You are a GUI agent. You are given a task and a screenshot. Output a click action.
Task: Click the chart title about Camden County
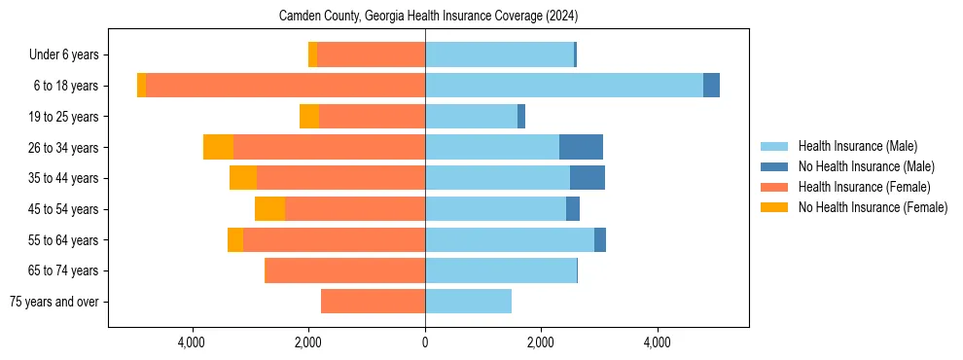(x=428, y=17)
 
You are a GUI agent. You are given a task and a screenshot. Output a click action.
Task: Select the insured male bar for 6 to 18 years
(x=564, y=86)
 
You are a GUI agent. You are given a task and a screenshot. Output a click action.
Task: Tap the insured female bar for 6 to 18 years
(x=285, y=86)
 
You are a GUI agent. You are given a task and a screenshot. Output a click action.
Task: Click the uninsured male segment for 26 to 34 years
(x=581, y=147)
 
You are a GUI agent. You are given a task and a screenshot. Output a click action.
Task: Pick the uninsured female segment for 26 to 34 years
(x=218, y=147)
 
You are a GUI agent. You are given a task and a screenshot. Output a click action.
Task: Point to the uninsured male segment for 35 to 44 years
(x=588, y=178)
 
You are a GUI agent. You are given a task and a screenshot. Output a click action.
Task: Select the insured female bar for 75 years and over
(x=373, y=302)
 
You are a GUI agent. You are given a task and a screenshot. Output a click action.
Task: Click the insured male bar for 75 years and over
(x=468, y=302)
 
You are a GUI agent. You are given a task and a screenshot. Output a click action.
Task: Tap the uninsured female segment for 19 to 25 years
(x=309, y=117)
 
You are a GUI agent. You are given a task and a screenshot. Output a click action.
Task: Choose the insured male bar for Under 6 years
(x=499, y=54)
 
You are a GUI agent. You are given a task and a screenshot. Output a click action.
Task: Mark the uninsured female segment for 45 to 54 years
(x=269, y=209)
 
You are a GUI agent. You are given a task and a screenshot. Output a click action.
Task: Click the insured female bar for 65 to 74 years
(x=345, y=270)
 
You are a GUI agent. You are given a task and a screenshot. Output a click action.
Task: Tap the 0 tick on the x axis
(x=425, y=342)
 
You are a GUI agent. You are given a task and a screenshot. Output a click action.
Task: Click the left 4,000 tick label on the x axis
(x=193, y=342)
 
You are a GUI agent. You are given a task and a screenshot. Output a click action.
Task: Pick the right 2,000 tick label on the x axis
(x=541, y=342)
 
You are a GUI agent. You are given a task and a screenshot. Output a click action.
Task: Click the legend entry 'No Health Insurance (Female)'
(x=872, y=207)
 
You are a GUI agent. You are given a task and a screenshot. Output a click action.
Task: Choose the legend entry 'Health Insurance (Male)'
(x=857, y=146)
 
